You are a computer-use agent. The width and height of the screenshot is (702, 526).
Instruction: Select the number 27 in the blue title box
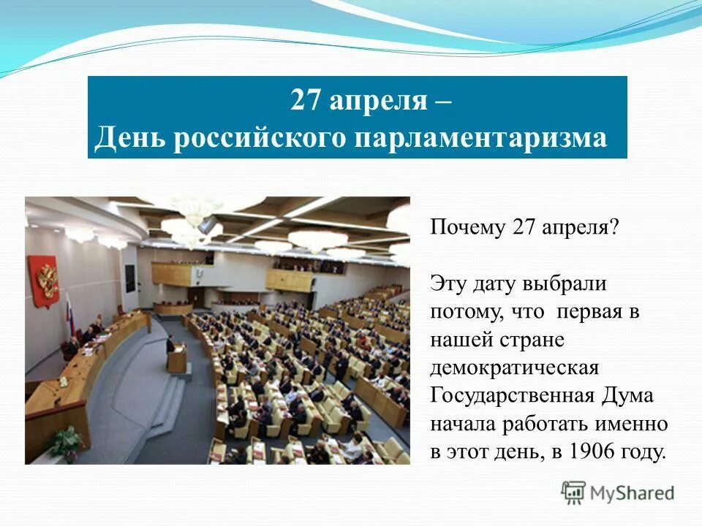[x=306, y=99]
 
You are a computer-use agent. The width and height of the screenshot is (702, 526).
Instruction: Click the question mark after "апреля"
[x=614, y=228]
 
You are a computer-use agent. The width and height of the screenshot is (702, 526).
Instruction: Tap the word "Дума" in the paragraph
[x=628, y=395]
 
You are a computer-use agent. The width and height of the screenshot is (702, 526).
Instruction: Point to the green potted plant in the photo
[x=68, y=442]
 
